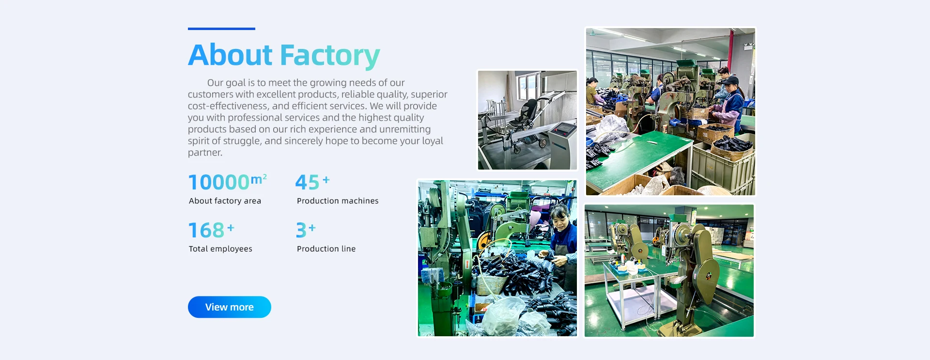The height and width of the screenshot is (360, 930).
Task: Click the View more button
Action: pos(229,307)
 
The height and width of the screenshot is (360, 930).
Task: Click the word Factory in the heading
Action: pos(330,56)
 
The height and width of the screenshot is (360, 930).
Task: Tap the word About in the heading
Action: pos(230,54)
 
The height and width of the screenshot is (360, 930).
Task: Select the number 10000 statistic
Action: pos(218,182)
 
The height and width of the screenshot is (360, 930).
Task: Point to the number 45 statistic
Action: pos(307,182)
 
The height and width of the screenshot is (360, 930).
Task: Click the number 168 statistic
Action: pos(206,230)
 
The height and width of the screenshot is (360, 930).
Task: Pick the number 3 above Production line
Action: pos(301,230)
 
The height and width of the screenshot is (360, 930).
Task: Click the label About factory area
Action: pos(225,201)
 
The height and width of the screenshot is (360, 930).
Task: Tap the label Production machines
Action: pos(338,201)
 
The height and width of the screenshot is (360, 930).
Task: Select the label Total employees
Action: pos(220,249)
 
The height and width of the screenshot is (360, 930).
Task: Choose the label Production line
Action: pos(326,249)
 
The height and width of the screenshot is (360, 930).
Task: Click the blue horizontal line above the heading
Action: pos(221,29)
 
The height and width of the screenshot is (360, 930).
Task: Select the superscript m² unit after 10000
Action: pos(259,179)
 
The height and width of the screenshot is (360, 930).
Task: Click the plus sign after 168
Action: pos(231,227)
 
